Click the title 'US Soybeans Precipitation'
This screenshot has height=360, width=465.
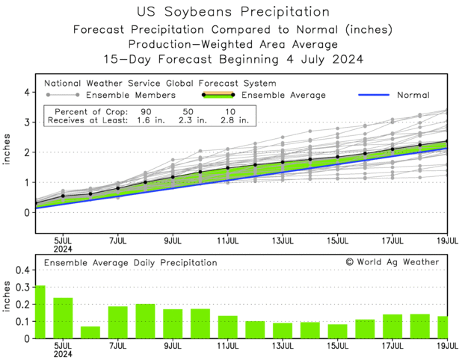point(233,12)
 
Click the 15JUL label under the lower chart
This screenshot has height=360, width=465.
point(338,346)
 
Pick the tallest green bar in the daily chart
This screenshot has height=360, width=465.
point(40,312)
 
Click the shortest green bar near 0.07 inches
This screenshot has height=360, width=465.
point(90,332)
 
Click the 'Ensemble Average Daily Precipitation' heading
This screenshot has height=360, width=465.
point(130,263)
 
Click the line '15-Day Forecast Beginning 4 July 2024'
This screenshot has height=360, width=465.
point(233,59)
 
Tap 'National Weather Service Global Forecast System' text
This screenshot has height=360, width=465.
point(160,84)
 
